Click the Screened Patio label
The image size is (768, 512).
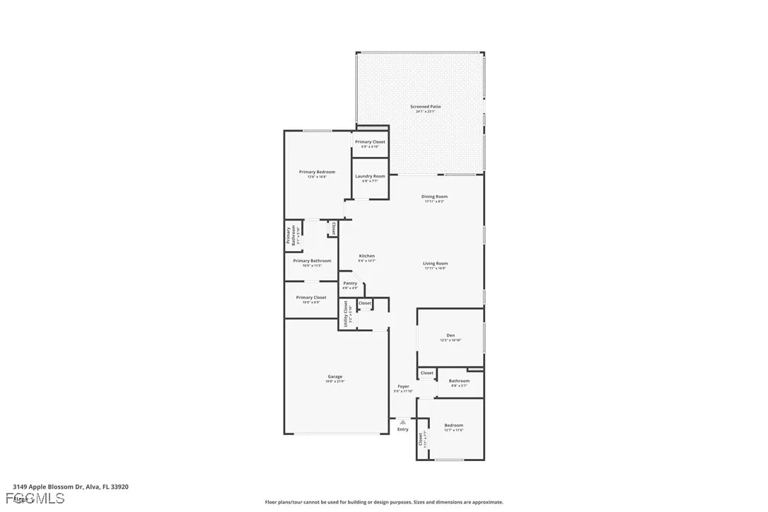pyautogui.click(x=425, y=107)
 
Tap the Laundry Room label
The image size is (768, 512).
pyautogui.click(x=370, y=176)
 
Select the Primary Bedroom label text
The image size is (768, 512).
pyautogui.click(x=317, y=172)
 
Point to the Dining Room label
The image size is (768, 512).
pyautogui.click(x=434, y=197)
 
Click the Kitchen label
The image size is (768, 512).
pyautogui.click(x=366, y=256)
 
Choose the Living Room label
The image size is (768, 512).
pyautogui.click(x=436, y=264)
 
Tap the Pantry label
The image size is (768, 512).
pyautogui.click(x=350, y=284)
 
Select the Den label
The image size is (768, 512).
pyautogui.click(x=450, y=335)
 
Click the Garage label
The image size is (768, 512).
pyautogui.click(x=335, y=377)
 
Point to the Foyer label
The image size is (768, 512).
pyautogui.click(x=403, y=387)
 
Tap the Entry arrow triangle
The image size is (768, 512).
pyautogui.click(x=403, y=422)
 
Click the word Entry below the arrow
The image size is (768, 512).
pyautogui.click(x=403, y=429)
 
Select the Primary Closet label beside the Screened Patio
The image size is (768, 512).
pyautogui.click(x=370, y=142)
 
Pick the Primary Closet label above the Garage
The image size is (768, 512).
pyautogui.click(x=311, y=298)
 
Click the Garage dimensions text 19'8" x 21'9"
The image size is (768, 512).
pyautogui.click(x=335, y=382)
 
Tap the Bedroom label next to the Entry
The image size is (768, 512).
pyautogui.click(x=453, y=426)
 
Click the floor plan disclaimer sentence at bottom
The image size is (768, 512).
pyautogui.click(x=384, y=502)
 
